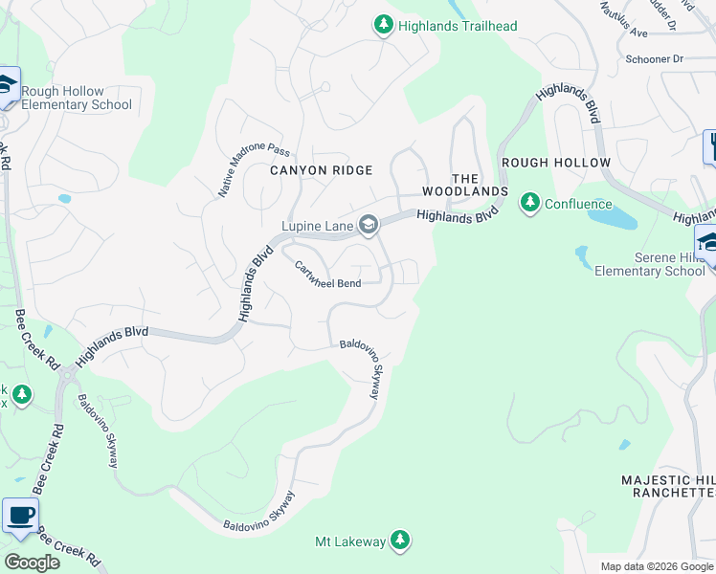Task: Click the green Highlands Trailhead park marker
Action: coord(383,25)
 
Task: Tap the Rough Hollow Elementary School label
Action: coord(77,99)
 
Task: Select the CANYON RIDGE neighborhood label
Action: coord(321,169)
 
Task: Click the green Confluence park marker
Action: coord(529,203)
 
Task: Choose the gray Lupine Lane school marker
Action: coord(369,226)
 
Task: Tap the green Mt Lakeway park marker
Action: coord(400,541)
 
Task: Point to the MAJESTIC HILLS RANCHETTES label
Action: coord(668,486)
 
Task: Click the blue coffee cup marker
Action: coord(20,516)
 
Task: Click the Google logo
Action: coord(32,563)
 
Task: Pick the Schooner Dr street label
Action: coord(653,59)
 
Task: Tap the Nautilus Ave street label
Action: coord(622,19)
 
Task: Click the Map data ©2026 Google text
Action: coord(657,566)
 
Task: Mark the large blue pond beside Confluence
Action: coord(613,218)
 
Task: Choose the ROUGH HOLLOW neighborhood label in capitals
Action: coord(555,163)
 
